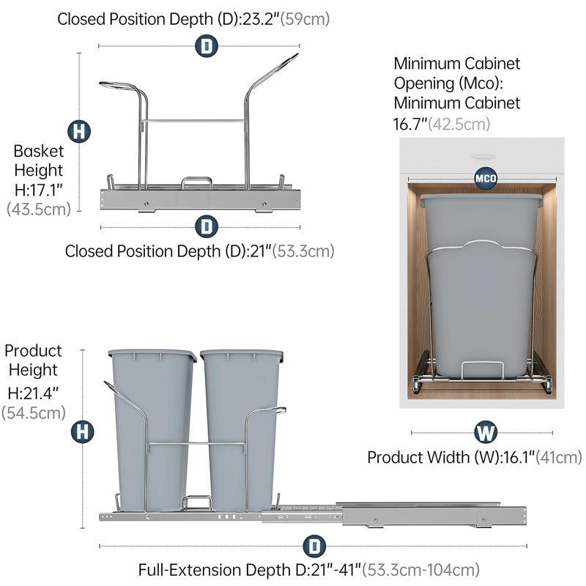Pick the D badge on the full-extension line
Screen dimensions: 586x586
pyautogui.click(x=314, y=546)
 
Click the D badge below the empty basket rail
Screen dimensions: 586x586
pyautogui.click(x=207, y=226)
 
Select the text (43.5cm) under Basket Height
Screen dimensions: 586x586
pyautogui.click(x=38, y=209)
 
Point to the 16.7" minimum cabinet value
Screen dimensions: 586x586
pyautogui.click(x=409, y=124)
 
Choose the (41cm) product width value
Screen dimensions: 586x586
pyautogui.click(x=558, y=458)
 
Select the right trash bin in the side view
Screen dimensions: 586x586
pyautogui.click(x=240, y=429)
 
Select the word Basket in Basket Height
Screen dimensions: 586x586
pyautogui.click(x=37, y=152)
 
